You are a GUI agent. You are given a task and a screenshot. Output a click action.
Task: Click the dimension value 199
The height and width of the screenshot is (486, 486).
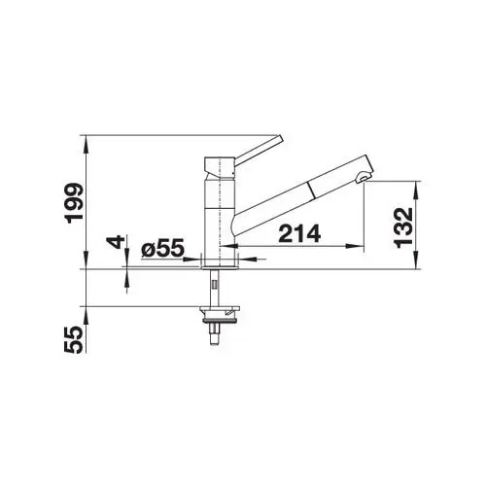[x=74, y=203]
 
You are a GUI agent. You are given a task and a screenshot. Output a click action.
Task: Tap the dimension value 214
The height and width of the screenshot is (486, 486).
[x=299, y=234]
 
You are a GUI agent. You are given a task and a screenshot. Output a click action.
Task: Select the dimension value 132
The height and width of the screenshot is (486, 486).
[x=404, y=227]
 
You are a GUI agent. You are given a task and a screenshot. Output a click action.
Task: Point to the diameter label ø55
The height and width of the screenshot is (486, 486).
[x=162, y=249]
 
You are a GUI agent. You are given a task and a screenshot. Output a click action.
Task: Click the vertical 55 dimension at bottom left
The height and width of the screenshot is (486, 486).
[x=74, y=339]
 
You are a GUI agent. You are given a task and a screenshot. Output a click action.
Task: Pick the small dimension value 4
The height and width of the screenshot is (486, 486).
[x=117, y=242]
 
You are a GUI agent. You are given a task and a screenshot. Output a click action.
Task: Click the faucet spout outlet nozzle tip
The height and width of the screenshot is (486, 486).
[x=363, y=178]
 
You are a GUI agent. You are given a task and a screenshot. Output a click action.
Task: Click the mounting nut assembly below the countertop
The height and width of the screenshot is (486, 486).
[x=221, y=315]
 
